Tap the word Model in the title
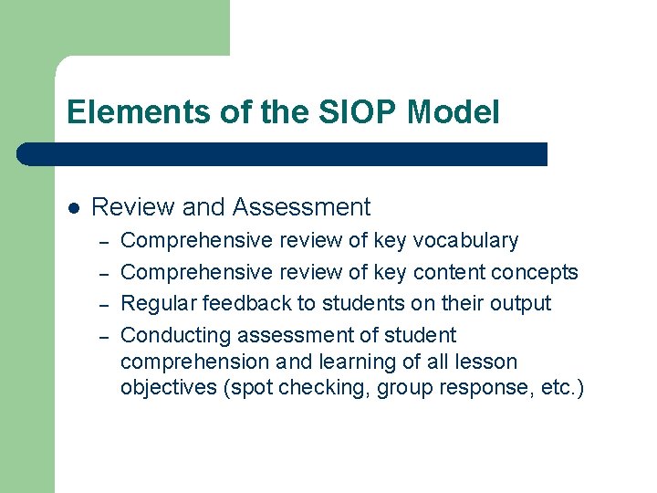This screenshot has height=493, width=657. tap(454, 112)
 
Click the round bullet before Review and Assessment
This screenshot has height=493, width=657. tap(74, 208)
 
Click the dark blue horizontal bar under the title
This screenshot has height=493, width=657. tap(283, 154)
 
